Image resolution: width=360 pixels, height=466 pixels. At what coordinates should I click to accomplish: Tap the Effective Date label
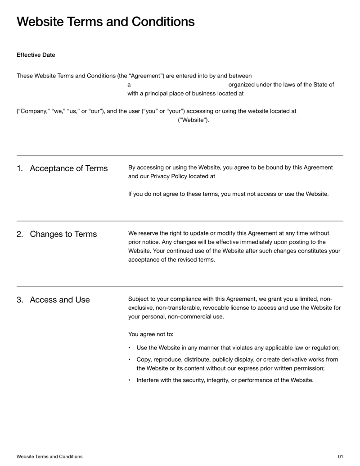[36, 55]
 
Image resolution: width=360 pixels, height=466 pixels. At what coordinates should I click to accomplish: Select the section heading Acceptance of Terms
[69, 169]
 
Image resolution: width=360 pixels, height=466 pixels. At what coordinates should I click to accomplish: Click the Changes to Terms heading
[63, 235]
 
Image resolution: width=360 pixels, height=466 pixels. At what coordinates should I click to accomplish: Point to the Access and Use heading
[60, 300]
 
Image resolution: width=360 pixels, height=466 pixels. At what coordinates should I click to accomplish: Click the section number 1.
[20, 169]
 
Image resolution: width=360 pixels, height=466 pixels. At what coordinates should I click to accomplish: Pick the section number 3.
[20, 300]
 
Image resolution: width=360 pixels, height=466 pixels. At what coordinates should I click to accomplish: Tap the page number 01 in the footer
[340, 457]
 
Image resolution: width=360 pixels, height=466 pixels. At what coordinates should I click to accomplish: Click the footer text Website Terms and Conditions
[49, 457]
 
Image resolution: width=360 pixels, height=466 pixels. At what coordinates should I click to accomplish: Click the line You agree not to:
[151, 334]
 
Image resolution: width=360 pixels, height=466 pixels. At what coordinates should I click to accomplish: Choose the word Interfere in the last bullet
[149, 380]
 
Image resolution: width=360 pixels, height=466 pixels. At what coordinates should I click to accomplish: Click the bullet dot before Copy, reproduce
[130, 359]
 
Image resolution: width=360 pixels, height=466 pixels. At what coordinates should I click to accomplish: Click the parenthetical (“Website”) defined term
[194, 120]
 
